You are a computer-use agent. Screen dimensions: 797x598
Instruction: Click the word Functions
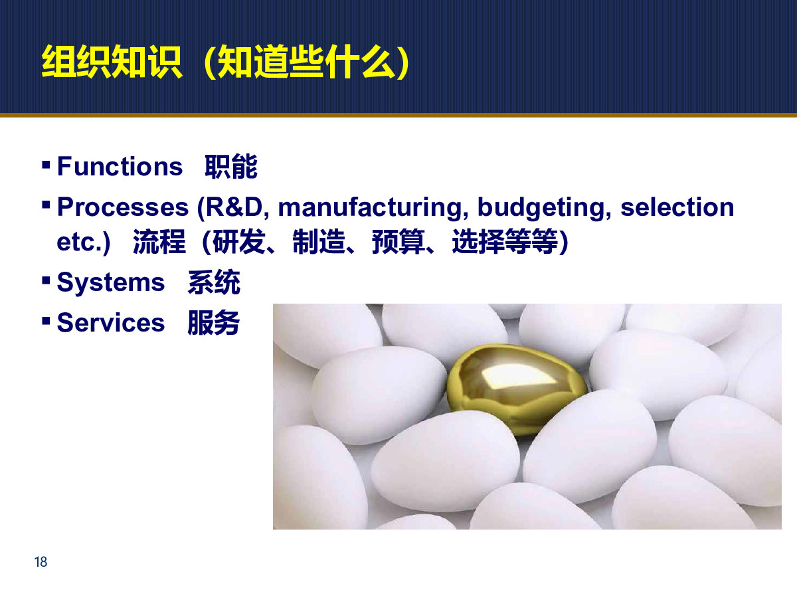[x=120, y=166]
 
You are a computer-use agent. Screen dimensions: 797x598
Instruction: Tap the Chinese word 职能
[x=231, y=166]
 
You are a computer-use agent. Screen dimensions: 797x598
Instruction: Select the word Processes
[x=123, y=207]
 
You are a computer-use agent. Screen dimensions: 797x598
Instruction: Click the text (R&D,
[x=233, y=208]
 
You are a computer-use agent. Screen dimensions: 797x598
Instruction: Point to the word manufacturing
[x=373, y=208]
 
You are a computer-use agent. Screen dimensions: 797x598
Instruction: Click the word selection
[x=677, y=207]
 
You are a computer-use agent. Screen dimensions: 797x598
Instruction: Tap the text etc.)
[x=84, y=242]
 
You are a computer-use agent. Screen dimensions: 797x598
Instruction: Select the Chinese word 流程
[x=159, y=241]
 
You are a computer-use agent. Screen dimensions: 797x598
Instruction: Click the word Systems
[x=111, y=283]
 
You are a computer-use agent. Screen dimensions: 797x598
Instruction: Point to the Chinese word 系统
[x=214, y=282]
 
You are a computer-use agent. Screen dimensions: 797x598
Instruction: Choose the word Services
[x=111, y=322]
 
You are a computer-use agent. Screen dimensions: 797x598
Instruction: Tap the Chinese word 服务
[x=213, y=322]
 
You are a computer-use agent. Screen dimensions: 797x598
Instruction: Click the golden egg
[x=517, y=389]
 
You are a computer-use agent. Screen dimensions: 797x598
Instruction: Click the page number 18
[x=41, y=561]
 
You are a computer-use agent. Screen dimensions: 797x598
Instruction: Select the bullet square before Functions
[x=46, y=165]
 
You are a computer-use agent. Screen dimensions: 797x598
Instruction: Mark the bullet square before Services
[x=46, y=321]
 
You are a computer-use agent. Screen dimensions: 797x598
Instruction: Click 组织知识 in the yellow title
[x=112, y=61]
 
